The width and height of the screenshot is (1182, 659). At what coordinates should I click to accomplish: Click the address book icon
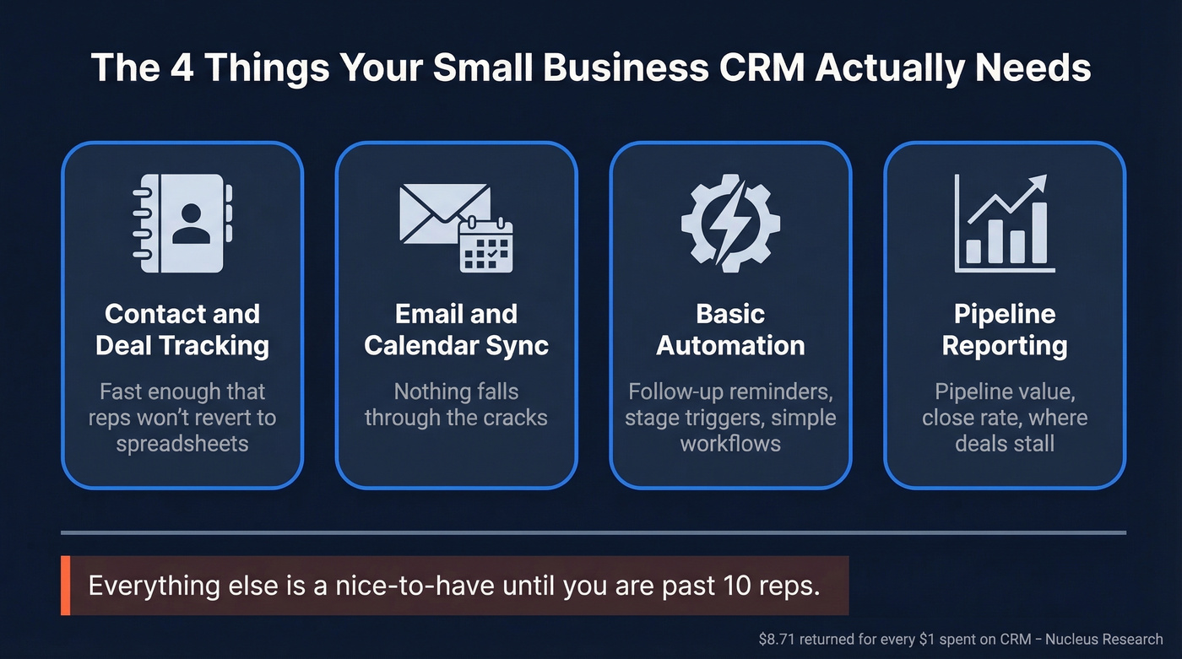tap(182, 224)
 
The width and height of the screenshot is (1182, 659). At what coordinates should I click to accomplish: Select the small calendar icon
tap(485, 246)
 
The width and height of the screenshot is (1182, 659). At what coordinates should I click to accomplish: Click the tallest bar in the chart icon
tap(1039, 233)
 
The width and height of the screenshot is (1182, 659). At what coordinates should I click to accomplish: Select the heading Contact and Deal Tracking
tap(182, 329)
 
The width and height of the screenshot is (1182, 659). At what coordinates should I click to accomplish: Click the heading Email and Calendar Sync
tap(456, 329)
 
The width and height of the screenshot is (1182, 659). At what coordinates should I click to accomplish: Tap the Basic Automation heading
tap(730, 329)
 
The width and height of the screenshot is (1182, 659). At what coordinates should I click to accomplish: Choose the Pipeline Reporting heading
tap(1005, 329)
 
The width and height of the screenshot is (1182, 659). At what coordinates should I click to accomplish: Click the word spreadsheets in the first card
tap(182, 444)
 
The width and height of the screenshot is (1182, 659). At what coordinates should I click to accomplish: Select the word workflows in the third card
tap(730, 444)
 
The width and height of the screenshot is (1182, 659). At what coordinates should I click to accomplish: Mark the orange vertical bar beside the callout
tap(65, 586)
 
